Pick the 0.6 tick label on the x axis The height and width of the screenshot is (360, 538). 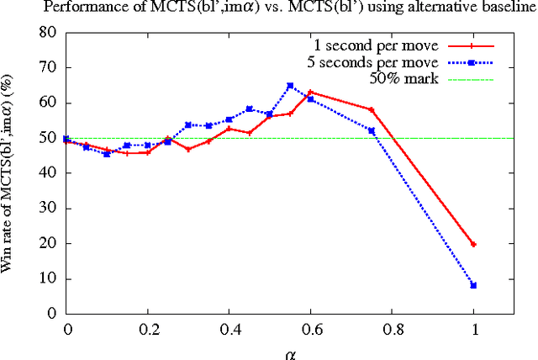point(311,330)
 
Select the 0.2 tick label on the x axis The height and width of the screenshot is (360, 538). point(148,330)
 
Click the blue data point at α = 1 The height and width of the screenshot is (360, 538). point(473,285)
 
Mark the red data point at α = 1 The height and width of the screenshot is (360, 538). point(473,244)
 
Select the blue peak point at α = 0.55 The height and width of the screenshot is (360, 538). point(290,86)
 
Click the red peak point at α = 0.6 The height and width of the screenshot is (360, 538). point(310,93)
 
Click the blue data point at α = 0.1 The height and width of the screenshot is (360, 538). point(107,154)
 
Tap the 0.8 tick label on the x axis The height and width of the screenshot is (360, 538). point(392,330)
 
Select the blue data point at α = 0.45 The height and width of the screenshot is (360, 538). point(250,109)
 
